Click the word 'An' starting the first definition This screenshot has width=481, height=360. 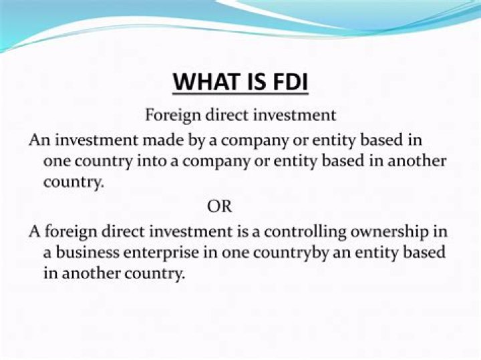pos(38,141)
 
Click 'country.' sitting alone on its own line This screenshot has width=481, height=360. pos(74,182)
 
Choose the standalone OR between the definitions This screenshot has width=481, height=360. pos(220,206)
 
